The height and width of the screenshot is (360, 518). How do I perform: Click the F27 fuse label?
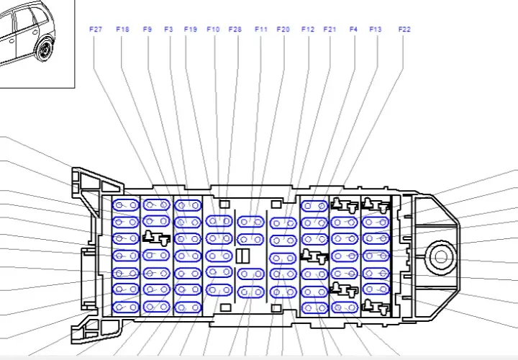point(96,30)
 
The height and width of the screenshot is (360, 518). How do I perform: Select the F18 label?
point(122,30)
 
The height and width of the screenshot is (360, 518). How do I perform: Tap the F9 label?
point(147,30)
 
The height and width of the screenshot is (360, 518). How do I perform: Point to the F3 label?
point(168,30)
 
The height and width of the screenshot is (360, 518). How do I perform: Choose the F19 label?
point(191,30)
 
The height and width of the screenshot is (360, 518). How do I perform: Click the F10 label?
point(213,30)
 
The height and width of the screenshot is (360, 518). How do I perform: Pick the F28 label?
point(235,30)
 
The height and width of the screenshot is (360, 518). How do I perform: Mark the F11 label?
point(261,30)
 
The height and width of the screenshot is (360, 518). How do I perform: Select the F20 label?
point(283,30)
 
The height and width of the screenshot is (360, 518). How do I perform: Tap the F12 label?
point(308,30)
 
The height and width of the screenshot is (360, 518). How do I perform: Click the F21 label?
point(330,30)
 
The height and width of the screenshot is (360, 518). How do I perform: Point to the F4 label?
point(353,30)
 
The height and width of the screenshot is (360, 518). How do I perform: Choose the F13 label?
point(376,30)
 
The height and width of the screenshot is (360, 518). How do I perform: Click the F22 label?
point(404,30)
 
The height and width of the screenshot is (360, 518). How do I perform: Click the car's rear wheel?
point(45,50)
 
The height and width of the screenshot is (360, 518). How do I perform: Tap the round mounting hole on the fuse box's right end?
point(440,257)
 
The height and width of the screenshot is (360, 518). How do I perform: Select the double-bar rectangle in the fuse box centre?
point(243,256)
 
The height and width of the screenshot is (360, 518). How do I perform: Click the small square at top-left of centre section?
point(224,204)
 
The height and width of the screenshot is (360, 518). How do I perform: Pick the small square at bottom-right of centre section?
point(276,308)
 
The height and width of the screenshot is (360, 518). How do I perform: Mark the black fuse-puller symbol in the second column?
point(156,238)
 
